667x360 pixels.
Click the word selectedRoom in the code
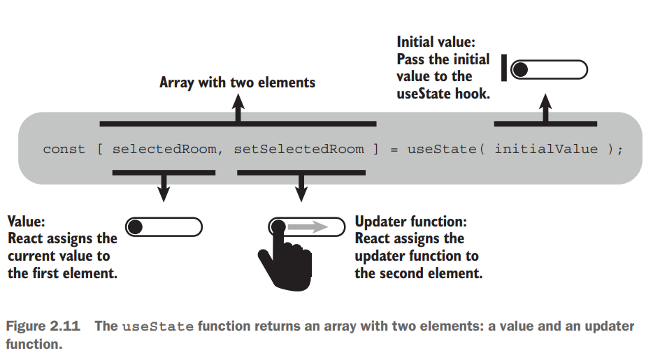coord(164,149)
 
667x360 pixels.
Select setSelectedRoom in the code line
coord(299,149)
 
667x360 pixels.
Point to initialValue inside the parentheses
coord(546,149)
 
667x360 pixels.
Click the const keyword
coord(64,149)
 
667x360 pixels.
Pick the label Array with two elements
coord(237,82)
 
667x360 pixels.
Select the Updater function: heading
coord(411,222)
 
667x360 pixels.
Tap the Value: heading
coord(27,222)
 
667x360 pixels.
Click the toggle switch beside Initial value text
coord(549,69)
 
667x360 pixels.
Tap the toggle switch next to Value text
coord(164,226)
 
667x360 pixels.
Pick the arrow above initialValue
coord(546,108)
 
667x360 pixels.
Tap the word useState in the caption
coord(157,327)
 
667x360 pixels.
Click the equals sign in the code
coord(394,149)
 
